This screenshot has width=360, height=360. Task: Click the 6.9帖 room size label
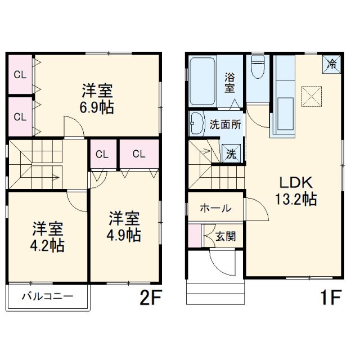coord(98,107)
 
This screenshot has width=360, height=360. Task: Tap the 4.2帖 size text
coord(48,245)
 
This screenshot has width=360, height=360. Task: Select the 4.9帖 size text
coord(125,235)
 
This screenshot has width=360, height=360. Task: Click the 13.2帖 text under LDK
coord(295,199)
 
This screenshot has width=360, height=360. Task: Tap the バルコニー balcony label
coord(47,296)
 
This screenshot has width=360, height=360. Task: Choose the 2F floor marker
coord(150,297)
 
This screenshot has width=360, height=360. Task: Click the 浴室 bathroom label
coord(229,83)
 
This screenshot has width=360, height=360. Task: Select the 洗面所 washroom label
coord(226,124)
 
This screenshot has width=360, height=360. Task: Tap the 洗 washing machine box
coord(231,151)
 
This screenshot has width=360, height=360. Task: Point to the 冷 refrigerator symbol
coord(333,64)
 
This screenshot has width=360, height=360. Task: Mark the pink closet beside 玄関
coord(195,235)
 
